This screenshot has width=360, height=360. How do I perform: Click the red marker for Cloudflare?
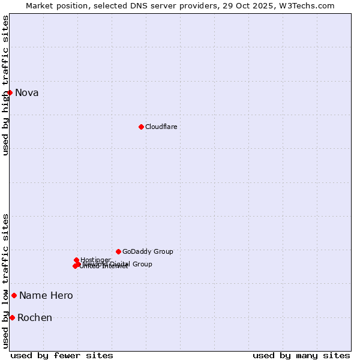(141, 127)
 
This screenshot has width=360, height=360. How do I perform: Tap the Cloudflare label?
(161, 127)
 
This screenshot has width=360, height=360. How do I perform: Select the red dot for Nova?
(10, 92)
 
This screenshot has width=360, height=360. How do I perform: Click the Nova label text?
(26, 92)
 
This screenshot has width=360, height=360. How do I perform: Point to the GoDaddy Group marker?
(118, 251)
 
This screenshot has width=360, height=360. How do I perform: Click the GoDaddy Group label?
(148, 251)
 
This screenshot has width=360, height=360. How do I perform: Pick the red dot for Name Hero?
(14, 295)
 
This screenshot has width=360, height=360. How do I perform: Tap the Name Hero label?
(46, 295)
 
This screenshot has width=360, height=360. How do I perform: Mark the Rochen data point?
(12, 317)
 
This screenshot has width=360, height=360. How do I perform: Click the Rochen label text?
(34, 317)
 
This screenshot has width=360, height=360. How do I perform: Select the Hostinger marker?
(76, 260)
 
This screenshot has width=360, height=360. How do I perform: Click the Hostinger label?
(95, 260)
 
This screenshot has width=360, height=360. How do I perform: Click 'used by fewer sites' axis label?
(62, 355)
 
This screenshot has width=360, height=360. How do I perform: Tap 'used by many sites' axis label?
(301, 355)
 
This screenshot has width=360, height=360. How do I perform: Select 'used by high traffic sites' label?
(5, 85)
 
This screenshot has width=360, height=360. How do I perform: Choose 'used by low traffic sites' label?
(5, 281)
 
